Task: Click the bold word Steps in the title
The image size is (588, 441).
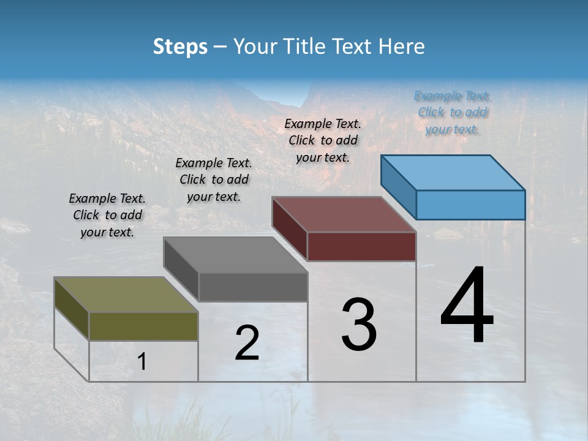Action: (x=180, y=47)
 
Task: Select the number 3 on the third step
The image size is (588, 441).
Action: (x=358, y=325)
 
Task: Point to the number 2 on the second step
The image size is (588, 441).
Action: (x=247, y=342)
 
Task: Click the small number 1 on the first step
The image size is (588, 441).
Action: (x=141, y=362)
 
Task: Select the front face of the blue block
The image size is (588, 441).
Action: (x=470, y=205)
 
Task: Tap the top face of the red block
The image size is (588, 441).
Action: (x=343, y=214)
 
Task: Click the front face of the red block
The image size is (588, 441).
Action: (x=361, y=246)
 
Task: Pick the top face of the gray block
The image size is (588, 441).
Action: (x=235, y=255)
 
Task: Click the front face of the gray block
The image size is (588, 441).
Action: (x=253, y=287)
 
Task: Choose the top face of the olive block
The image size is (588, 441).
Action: (x=126, y=295)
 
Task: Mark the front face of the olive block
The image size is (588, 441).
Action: (x=144, y=326)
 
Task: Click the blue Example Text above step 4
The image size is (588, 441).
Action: (x=452, y=113)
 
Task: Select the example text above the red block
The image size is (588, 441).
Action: (x=323, y=140)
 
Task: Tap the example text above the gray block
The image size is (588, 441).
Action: (x=214, y=179)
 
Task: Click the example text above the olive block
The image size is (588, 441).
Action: (x=107, y=215)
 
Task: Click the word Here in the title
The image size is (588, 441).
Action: (x=402, y=47)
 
